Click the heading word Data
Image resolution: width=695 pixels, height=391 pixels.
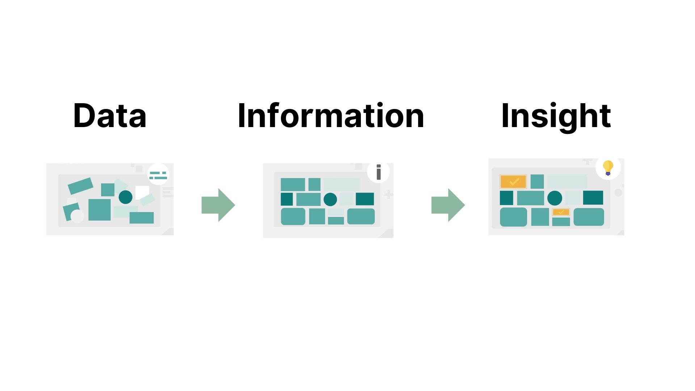(x=110, y=115)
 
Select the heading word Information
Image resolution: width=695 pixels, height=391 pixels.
(x=330, y=115)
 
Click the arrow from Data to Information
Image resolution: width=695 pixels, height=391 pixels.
(x=218, y=205)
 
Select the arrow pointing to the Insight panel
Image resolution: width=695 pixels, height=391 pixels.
(x=448, y=205)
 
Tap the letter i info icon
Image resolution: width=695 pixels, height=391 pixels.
(x=379, y=172)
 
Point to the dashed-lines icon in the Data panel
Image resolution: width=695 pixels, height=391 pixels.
(x=158, y=176)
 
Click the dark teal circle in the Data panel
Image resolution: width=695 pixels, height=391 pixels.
(x=126, y=197)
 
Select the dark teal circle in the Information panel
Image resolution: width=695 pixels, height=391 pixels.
(x=330, y=199)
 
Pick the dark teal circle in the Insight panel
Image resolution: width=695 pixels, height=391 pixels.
(x=555, y=198)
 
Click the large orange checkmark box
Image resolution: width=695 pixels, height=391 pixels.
(x=513, y=181)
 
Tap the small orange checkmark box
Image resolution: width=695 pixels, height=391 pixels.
(x=561, y=212)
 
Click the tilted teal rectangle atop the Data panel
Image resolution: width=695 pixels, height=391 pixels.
(x=80, y=186)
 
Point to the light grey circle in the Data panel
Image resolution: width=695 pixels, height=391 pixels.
(x=77, y=216)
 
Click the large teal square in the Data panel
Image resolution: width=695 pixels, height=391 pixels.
(x=100, y=210)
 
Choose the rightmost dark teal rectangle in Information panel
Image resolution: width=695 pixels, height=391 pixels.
(x=365, y=199)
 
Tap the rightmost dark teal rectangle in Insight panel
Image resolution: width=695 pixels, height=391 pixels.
(x=593, y=198)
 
